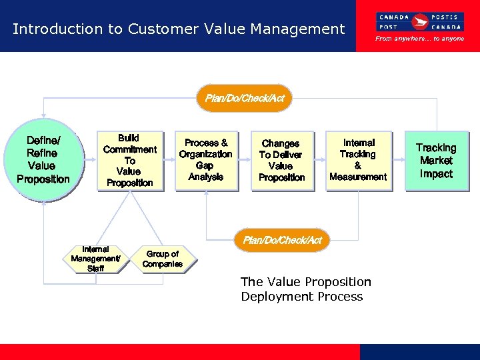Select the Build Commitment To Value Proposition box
[129, 161]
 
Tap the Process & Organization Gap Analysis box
[206, 161]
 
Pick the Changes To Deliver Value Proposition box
[282, 161]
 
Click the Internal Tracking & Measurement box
[359, 161]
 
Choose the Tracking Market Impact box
[437, 161]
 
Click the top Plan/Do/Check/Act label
[245, 98]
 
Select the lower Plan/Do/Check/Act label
[282, 240]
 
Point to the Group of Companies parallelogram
[163, 259]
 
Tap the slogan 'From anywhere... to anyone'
[419, 39]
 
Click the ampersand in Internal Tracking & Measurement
[358, 165]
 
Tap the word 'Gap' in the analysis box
[205, 165]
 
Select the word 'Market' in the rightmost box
[437, 161]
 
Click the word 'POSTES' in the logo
[444, 17]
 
